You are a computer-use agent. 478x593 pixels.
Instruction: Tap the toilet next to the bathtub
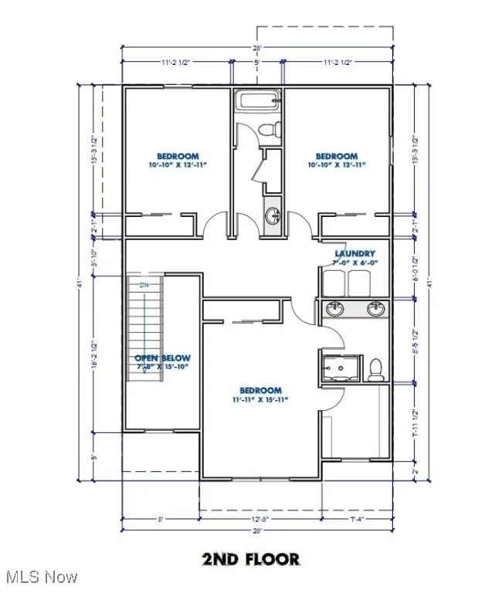tap(269, 130)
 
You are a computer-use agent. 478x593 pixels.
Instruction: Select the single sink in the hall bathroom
tap(272, 215)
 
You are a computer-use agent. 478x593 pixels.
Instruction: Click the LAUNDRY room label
tap(354, 253)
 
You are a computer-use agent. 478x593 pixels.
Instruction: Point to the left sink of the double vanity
tap(335, 310)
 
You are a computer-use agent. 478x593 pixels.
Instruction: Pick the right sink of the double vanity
tap(375, 310)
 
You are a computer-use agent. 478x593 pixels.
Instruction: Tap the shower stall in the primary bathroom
tap(340, 369)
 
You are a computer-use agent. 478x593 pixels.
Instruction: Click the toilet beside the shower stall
tap(376, 370)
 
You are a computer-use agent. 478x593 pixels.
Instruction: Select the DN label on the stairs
tap(144, 286)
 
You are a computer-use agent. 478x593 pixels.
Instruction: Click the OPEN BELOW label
tap(162, 358)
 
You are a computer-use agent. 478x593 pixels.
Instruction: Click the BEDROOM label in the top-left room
tap(178, 156)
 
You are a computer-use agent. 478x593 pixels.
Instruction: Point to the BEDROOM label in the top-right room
tap(337, 156)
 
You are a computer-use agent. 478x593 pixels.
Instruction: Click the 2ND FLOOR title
tap(251, 558)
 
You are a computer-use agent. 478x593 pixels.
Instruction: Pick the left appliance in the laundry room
tap(334, 283)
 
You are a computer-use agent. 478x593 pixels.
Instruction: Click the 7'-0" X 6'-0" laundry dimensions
tap(354, 263)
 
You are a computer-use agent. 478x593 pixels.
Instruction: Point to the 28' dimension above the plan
tap(257, 48)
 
